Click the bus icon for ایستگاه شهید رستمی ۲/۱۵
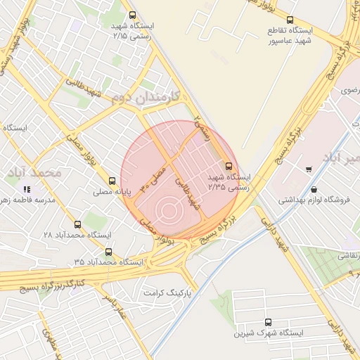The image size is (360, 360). (133, 15)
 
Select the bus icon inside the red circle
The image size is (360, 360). (227, 166)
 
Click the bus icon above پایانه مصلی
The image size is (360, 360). (112, 181)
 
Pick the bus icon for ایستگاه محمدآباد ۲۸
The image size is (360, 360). (77, 224)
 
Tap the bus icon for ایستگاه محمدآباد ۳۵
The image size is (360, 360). (108, 252)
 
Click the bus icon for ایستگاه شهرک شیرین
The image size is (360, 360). (267, 322)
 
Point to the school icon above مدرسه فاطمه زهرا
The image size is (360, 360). (27, 189)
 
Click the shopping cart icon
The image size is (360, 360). (309, 169)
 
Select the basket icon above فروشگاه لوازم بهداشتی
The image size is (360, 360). (313, 190)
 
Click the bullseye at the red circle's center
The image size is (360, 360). (167, 209)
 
